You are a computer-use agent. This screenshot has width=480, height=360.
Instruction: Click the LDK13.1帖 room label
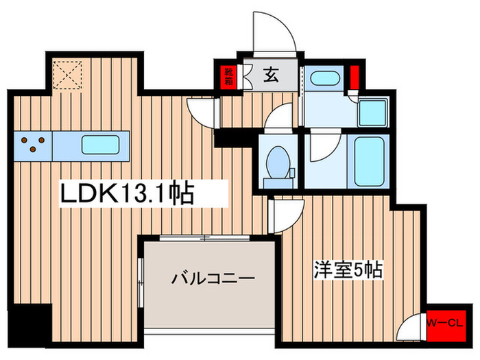(128, 193)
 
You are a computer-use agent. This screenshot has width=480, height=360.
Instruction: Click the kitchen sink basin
(101, 145)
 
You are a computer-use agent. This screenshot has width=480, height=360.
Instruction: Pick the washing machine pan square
(372, 110)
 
